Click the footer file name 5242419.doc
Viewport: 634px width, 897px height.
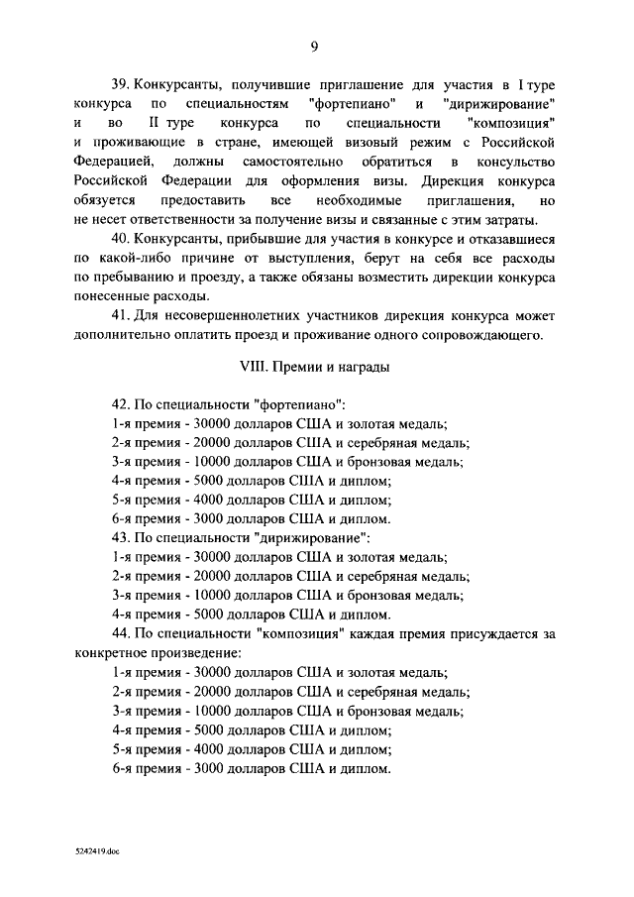click(x=97, y=851)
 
